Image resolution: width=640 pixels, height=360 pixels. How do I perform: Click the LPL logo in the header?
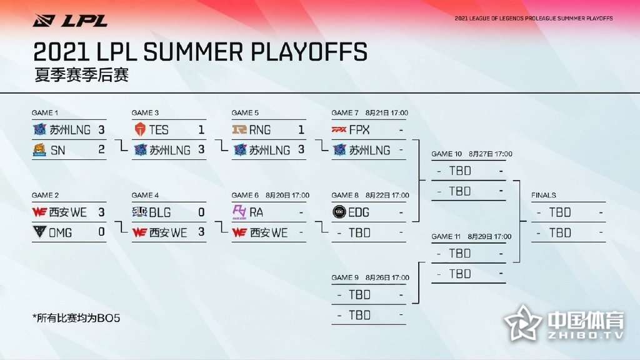tap(70, 21)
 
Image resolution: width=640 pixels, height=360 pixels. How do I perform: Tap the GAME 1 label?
tap(45, 112)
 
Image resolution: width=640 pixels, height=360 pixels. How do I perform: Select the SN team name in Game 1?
tap(57, 151)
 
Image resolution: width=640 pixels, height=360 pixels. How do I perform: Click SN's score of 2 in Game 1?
tap(101, 150)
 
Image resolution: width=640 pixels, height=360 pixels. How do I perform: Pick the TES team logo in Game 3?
tap(140, 130)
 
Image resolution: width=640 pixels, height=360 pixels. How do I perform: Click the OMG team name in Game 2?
tap(60, 233)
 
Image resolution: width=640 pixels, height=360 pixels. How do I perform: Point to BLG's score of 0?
tap(201, 212)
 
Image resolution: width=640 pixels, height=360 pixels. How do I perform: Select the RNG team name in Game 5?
tap(260, 130)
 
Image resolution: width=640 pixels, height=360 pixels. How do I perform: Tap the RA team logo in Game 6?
tap(239, 212)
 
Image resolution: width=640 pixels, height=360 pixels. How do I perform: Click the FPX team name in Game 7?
tap(359, 130)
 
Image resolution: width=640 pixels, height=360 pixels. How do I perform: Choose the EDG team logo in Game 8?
tap(339, 212)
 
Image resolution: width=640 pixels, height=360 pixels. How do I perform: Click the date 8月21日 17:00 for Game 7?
tap(386, 112)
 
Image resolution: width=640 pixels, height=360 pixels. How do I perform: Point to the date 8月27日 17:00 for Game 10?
tap(490, 154)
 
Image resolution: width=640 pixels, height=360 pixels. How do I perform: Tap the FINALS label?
tap(544, 195)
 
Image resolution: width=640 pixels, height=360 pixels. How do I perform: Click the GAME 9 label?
tap(345, 277)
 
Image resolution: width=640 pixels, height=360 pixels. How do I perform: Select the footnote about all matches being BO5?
tap(76, 318)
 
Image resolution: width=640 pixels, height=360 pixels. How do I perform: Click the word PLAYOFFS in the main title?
tap(309, 52)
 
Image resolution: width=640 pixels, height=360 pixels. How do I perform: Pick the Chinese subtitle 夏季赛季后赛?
tap(82, 75)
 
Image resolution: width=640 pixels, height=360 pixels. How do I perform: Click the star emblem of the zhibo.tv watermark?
tap(523, 323)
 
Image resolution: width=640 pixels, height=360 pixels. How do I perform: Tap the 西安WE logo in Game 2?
tap(39, 212)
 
